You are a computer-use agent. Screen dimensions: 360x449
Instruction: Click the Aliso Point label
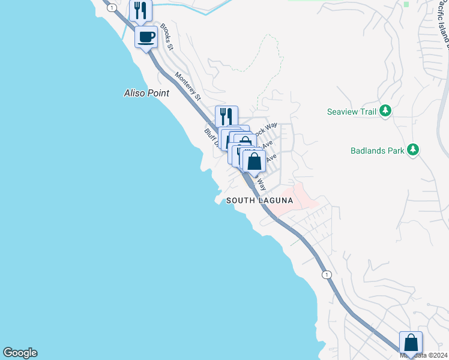tap(146, 93)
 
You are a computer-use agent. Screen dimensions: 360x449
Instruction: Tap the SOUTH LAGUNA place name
tap(259, 200)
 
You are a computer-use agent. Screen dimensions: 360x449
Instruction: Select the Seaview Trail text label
tap(352, 112)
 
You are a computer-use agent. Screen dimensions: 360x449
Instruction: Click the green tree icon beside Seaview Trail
tap(386, 111)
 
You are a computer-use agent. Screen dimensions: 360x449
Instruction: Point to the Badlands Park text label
tap(377, 151)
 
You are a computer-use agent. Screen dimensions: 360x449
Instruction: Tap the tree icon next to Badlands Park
tap(412, 150)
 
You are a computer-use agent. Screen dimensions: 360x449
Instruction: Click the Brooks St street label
tap(166, 37)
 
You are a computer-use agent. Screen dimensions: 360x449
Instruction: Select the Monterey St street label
tap(187, 85)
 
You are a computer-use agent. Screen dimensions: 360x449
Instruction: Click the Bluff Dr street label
tap(209, 137)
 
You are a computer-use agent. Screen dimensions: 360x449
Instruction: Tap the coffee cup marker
tap(146, 38)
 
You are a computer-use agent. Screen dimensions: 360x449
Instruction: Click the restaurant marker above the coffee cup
tap(140, 10)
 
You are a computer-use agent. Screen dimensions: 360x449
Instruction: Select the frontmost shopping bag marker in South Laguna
tap(254, 161)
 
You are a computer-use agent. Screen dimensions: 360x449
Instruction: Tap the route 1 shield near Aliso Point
tap(111, 7)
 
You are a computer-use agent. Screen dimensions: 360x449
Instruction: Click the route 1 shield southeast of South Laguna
tap(326, 275)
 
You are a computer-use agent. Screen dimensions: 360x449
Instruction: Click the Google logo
tap(20, 353)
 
